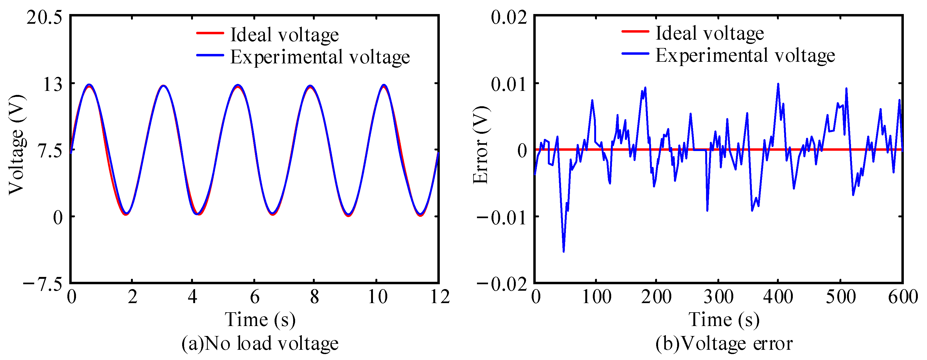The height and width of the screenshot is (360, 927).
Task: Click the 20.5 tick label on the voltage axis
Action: tap(44, 17)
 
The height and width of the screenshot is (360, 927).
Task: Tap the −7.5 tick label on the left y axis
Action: tap(43, 284)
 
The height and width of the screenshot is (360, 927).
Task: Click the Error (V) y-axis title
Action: tap(481, 145)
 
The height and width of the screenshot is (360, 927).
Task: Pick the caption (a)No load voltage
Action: tap(260, 343)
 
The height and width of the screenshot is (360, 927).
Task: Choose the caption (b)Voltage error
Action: tap(724, 343)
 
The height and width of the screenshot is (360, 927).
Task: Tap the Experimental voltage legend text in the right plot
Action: tap(745, 56)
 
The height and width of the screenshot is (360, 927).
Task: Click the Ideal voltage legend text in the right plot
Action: tap(709, 33)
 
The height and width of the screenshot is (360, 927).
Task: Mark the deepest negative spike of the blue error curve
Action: tap(563, 251)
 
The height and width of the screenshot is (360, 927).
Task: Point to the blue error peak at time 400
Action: tap(778, 84)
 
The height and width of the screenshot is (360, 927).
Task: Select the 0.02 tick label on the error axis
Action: tap(509, 17)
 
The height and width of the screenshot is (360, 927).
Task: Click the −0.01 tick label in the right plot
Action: tap(502, 217)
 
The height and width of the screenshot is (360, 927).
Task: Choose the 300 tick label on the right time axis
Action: tap(718, 297)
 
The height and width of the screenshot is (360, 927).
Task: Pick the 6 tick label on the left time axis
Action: tap(254, 297)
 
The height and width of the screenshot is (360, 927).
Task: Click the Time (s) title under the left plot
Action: tap(260, 319)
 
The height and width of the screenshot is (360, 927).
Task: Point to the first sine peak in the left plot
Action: tap(89, 85)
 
